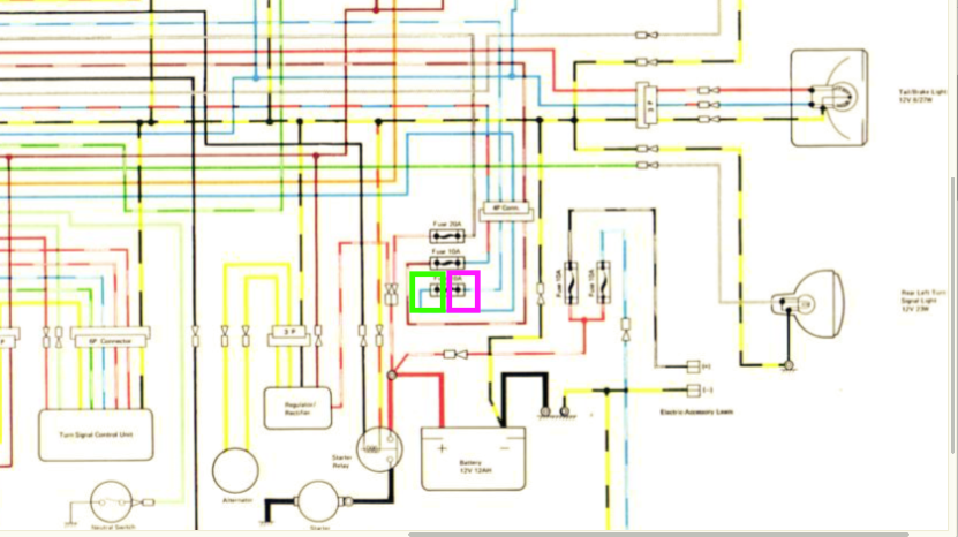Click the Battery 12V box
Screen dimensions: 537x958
tap(473, 459)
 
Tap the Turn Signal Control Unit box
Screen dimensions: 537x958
tap(96, 435)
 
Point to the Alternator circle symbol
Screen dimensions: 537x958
tap(235, 470)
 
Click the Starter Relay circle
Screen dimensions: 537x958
tap(379, 449)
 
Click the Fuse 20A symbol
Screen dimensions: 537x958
tap(447, 236)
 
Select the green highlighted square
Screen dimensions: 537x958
tap(428, 292)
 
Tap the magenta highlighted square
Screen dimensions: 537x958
tap(463, 292)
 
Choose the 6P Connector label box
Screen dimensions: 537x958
tap(110, 341)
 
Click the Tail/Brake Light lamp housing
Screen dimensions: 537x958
tap(829, 97)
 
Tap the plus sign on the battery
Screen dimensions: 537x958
tap(442, 448)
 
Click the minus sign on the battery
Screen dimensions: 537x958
tap(506, 448)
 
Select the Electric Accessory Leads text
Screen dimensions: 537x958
tap(696, 412)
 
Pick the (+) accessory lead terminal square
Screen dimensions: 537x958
tap(693, 366)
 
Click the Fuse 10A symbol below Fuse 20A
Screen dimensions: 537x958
tap(447, 263)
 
